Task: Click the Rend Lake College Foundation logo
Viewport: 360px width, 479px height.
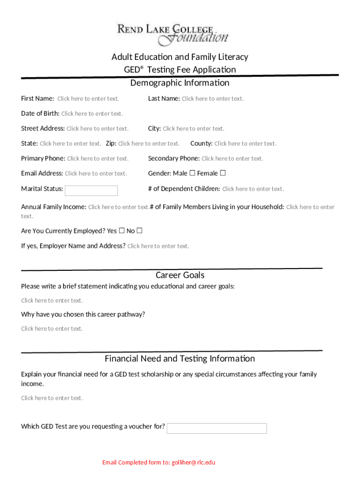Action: pos(173,34)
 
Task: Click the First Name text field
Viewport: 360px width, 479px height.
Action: pos(88,99)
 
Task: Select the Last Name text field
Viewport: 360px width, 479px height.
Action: pos(212,99)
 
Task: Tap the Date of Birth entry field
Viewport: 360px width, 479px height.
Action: pos(92,114)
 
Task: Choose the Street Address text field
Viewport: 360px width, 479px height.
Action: pos(97,129)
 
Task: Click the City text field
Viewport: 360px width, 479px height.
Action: pos(193,129)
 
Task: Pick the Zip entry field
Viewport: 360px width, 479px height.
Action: pos(149,144)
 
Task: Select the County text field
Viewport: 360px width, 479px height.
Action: pos(245,144)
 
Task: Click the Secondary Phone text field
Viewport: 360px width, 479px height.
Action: pos(232,159)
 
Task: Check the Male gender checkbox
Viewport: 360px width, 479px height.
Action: pos(192,173)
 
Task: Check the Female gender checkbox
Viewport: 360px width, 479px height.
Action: pos(223,173)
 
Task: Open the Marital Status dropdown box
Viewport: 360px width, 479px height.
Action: pos(91,190)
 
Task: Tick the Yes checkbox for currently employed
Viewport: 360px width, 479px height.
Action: pos(122,231)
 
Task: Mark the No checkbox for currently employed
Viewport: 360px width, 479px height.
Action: pos(139,231)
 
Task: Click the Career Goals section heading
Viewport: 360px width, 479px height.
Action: pos(180,275)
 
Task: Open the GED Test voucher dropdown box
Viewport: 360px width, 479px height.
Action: pos(216,428)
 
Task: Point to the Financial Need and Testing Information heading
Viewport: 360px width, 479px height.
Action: pos(180,359)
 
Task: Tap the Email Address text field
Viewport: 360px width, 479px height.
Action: pos(95,174)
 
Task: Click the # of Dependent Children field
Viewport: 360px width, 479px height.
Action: pos(252,189)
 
